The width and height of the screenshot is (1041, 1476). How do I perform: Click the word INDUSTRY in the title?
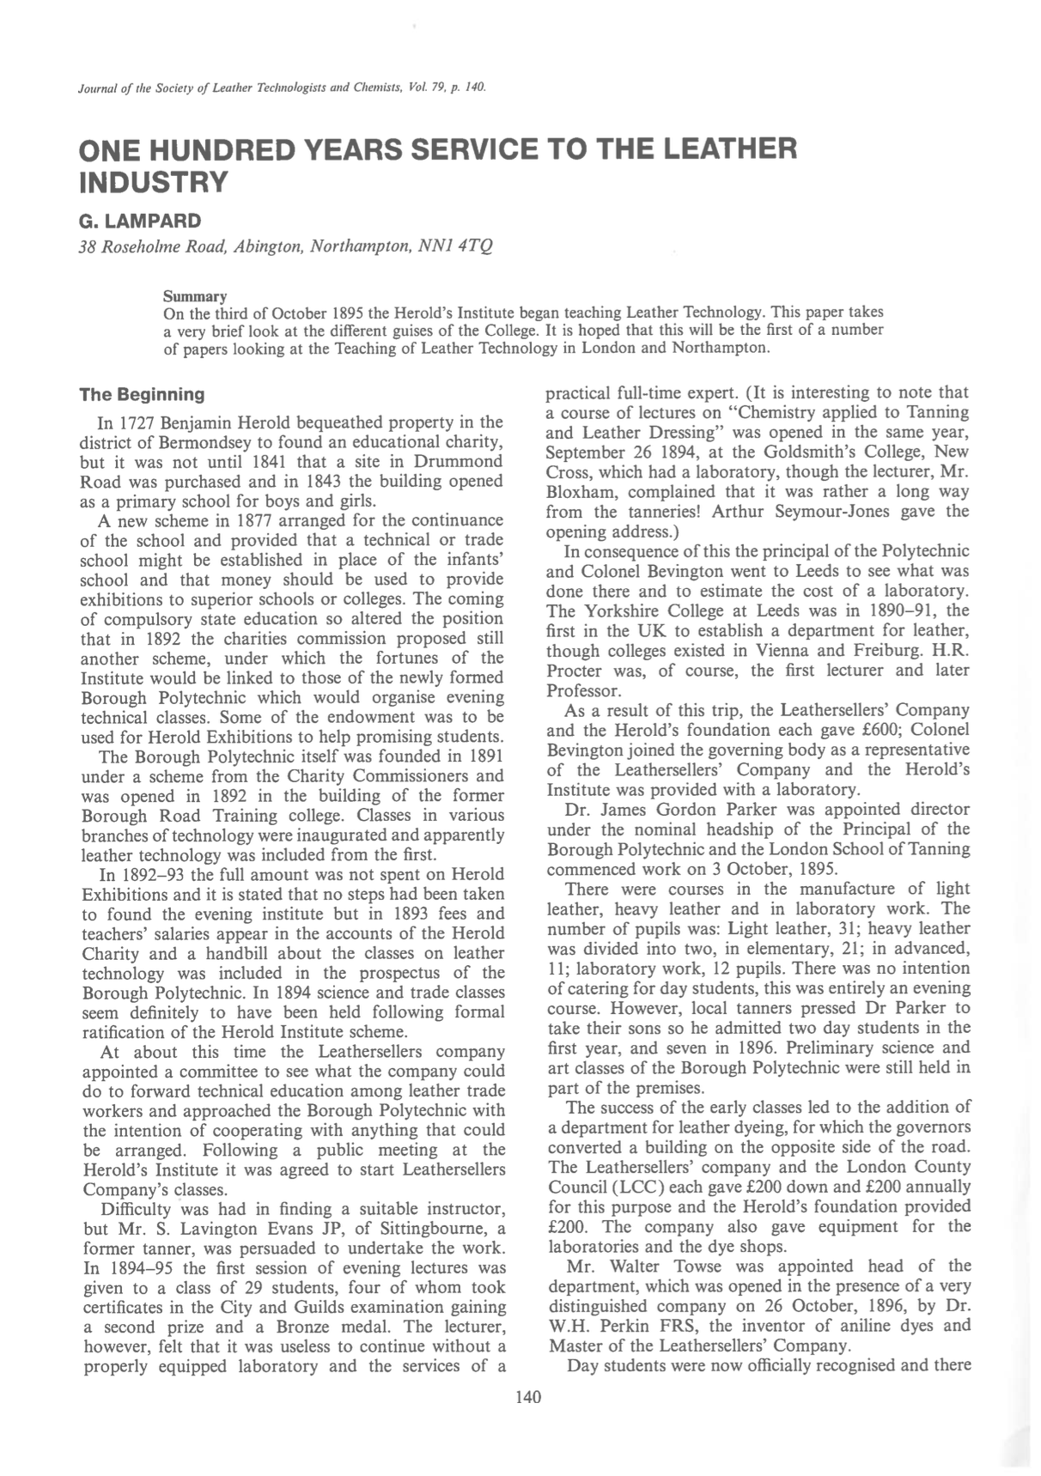pos(155,183)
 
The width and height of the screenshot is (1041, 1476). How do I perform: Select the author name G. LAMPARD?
pos(140,222)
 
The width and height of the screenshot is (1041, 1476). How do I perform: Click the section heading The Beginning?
pos(142,395)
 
